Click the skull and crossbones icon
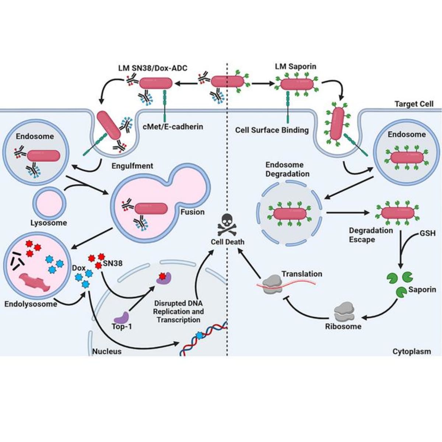click(x=228, y=225)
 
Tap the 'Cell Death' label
click(x=227, y=242)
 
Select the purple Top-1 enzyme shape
click(x=121, y=316)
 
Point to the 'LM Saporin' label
click(x=295, y=67)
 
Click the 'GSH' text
click(x=427, y=234)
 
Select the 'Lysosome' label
click(x=49, y=223)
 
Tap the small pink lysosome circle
click(x=49, y=203)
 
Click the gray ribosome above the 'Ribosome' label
click(x=343, y=312)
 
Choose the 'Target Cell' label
click(x=414, y=104)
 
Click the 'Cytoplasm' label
click(x=411, y=351)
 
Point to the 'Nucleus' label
click(x=107, y=351)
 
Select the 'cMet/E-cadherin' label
click(x=173, y=127)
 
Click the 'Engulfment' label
click(x=132, y=166)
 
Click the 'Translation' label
click(x=302, y=274)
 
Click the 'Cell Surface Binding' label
click(x=272, y=130)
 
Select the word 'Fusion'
click(x=192, y=212)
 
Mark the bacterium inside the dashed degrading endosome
click(x=290, y=214)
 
